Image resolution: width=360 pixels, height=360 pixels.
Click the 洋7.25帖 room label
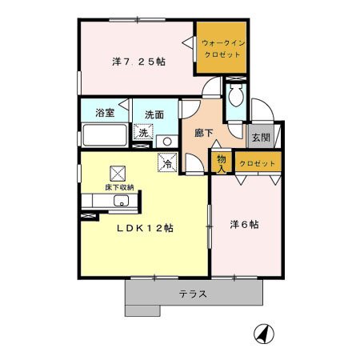[138, 62]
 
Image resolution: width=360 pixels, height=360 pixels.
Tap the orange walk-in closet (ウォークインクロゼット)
[222, 47]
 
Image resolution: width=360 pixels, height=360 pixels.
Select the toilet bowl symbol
[236, 95]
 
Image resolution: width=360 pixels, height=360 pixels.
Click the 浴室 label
[105, 113]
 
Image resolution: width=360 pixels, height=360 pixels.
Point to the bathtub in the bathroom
[105, 135]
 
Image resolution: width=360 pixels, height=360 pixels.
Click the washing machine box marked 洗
[143, 132]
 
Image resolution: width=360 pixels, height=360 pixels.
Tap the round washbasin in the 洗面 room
[167, 142]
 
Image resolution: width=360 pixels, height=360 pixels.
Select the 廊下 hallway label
[204, 133]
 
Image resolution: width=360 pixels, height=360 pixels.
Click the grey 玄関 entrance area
[261, 136]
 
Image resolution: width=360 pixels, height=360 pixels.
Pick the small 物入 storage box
[222, 163]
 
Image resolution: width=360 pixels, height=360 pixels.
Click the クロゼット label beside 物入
[258, 163]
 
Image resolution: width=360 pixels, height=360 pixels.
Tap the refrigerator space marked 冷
[168, 162]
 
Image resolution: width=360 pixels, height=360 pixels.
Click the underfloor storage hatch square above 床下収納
[118, 174]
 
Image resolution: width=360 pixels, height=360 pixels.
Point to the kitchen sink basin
[121, 201]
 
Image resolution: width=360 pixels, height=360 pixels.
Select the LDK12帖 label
[145, 228]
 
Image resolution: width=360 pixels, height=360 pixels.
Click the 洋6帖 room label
[244, 225]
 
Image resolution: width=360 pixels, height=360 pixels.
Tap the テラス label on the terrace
[193, 294]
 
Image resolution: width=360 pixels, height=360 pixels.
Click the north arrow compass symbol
[264, 334]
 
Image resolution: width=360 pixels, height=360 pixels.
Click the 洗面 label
[154, 114]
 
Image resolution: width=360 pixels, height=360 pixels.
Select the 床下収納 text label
[119, 187]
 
